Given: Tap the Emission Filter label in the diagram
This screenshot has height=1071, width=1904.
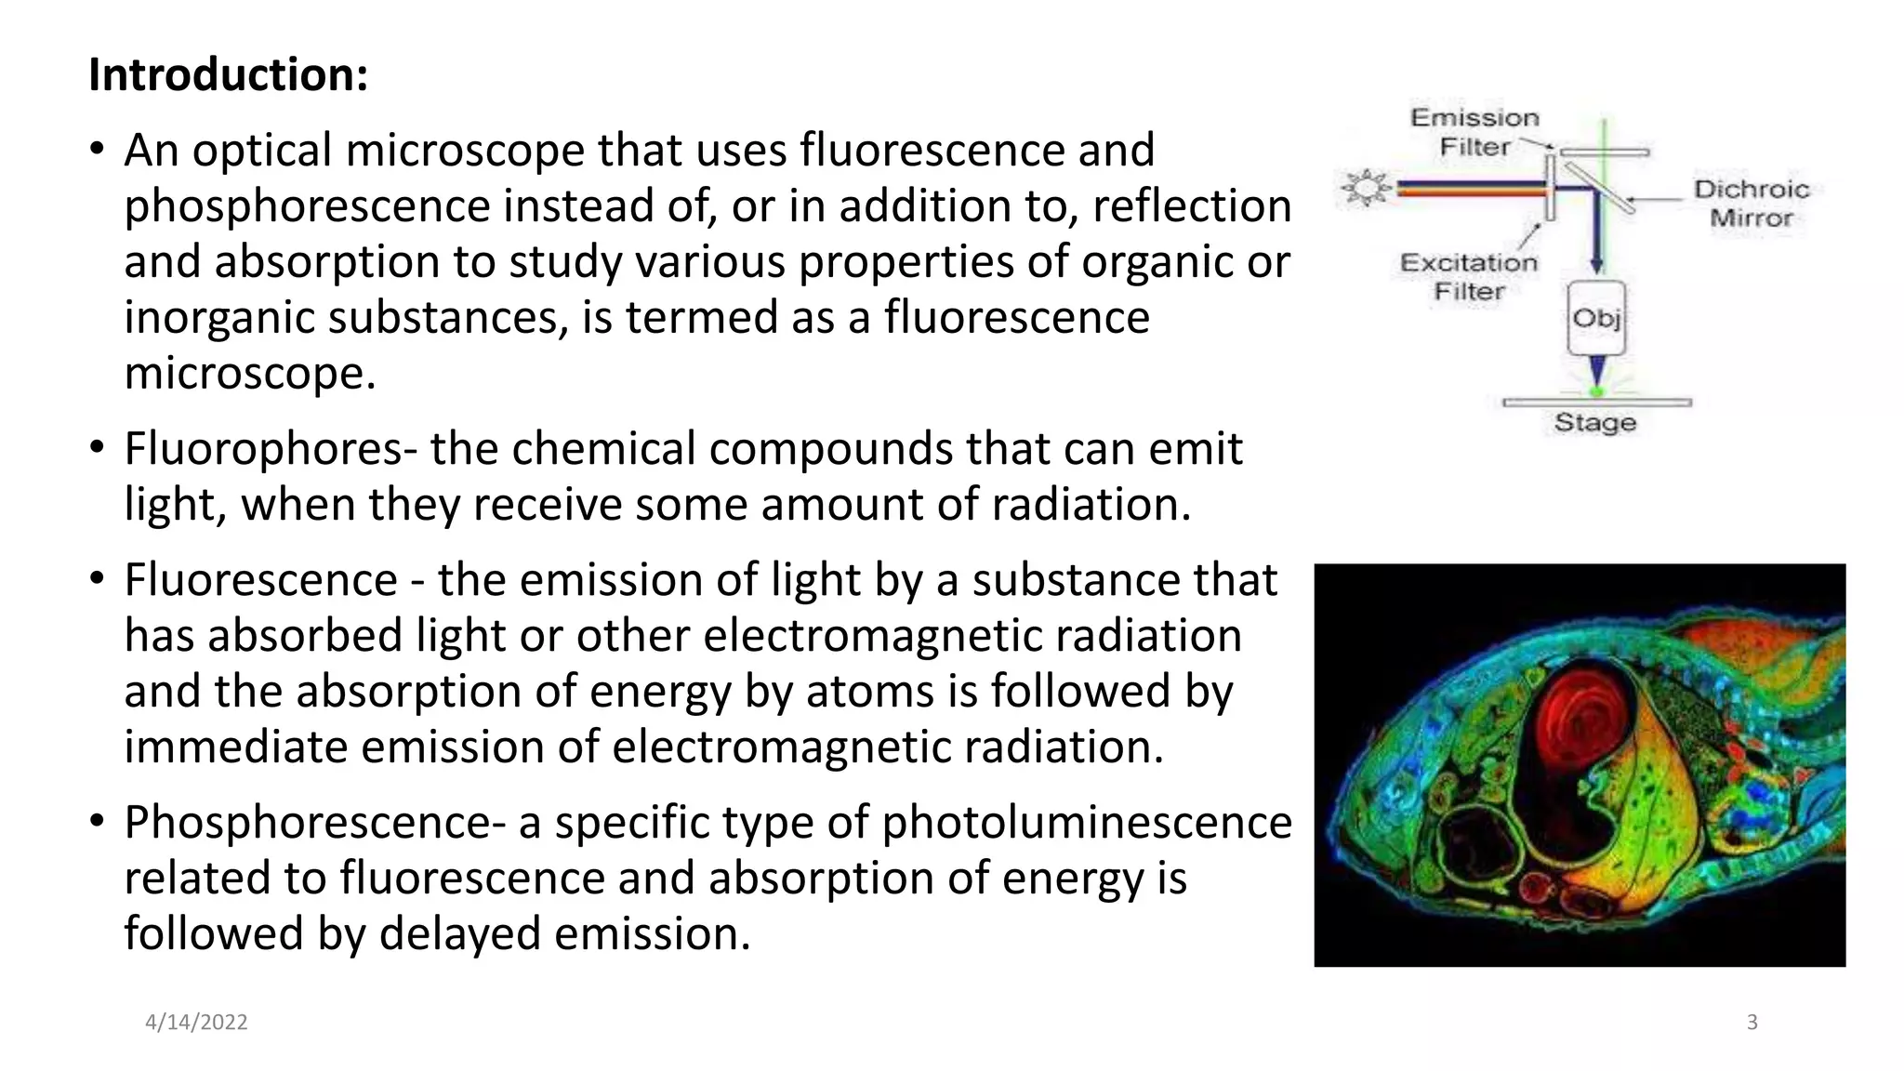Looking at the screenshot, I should [x=1474, y=132].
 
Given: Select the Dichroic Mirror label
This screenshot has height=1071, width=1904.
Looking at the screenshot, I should [x=1752, y=204].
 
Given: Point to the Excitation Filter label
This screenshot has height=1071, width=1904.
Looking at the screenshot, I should [x=1469, y=277].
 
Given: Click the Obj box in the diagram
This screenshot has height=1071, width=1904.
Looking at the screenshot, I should [x=1596, y=319].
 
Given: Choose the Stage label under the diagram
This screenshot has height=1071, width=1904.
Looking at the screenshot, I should [x=1595, y=423].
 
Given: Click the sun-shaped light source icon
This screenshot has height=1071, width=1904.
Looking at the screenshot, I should [x=1366, y=189].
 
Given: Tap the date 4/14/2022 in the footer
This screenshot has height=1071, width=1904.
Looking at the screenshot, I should [x=196, y=1023].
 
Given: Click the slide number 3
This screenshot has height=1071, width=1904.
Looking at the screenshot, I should [x=1752, y=1023].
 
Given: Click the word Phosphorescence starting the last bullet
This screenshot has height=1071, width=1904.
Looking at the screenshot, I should [x=314, y=822].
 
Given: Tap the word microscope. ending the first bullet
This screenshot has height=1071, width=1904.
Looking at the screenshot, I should [x=249, y=374].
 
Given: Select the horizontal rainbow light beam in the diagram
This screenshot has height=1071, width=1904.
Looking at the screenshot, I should [x=1469, y=190].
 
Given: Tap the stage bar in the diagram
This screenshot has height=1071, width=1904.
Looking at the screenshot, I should [x=1596, y=403].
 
